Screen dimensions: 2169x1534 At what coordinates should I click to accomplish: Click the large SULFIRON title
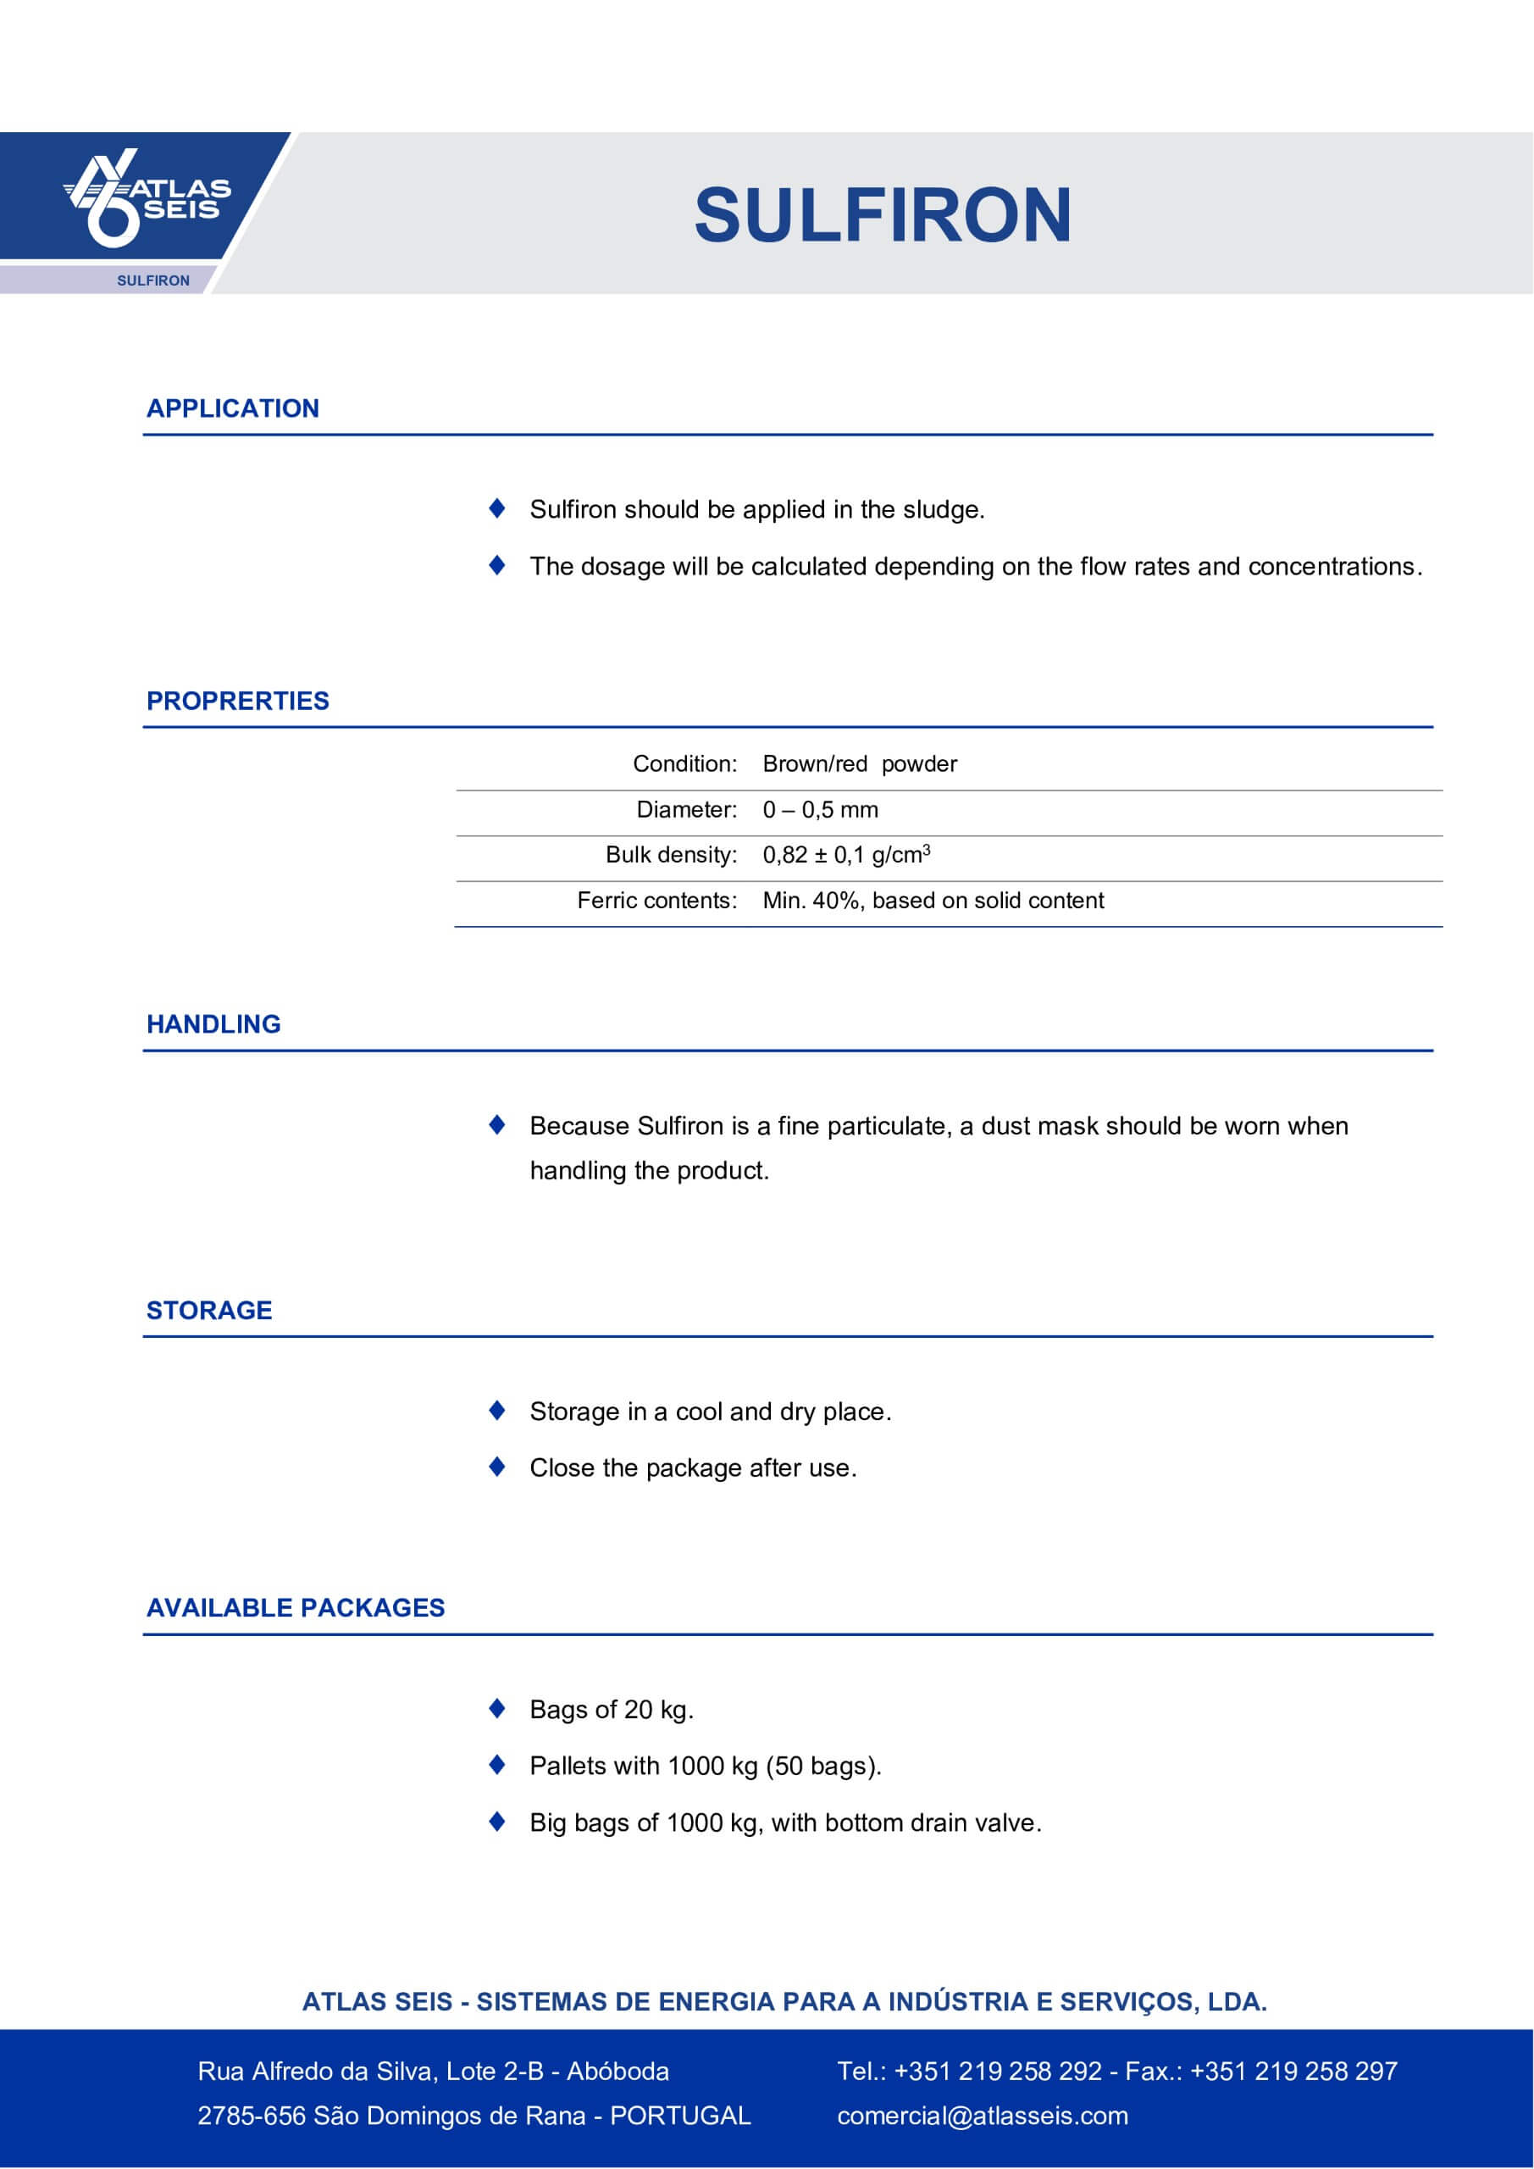pos(883,215)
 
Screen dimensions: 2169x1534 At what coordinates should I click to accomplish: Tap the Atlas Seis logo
pos(147,198)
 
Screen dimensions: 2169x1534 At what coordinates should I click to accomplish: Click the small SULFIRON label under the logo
pos(153,280)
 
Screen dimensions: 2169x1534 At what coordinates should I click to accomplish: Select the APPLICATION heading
pos(232,408)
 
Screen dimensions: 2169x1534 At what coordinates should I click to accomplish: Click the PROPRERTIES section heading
pos(237,701)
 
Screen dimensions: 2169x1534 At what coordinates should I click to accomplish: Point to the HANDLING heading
pos(213,1024)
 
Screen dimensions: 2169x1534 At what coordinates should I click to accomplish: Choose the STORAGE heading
pos(208,1310)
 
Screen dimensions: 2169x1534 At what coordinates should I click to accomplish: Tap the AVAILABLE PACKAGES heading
pos(295,1608)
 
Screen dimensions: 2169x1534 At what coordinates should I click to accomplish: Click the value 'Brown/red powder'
pos(860,764)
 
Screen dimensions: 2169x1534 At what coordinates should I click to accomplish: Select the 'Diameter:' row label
pos(686,810)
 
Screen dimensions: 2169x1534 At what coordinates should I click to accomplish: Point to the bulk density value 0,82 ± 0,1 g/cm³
pos(846,855)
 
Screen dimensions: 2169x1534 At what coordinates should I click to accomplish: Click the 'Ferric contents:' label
pos(656,901)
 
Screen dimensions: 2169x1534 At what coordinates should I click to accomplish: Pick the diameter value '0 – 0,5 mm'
pos(820,810)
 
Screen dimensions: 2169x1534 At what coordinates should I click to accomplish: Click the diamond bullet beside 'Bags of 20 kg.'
pos(497,1708)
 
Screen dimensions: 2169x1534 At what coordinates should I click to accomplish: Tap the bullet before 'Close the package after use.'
pos(497,1466)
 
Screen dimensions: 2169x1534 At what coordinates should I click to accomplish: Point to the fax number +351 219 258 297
pos(1293,2071)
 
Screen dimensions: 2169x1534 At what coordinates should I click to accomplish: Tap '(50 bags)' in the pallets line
pos(822,1766)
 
